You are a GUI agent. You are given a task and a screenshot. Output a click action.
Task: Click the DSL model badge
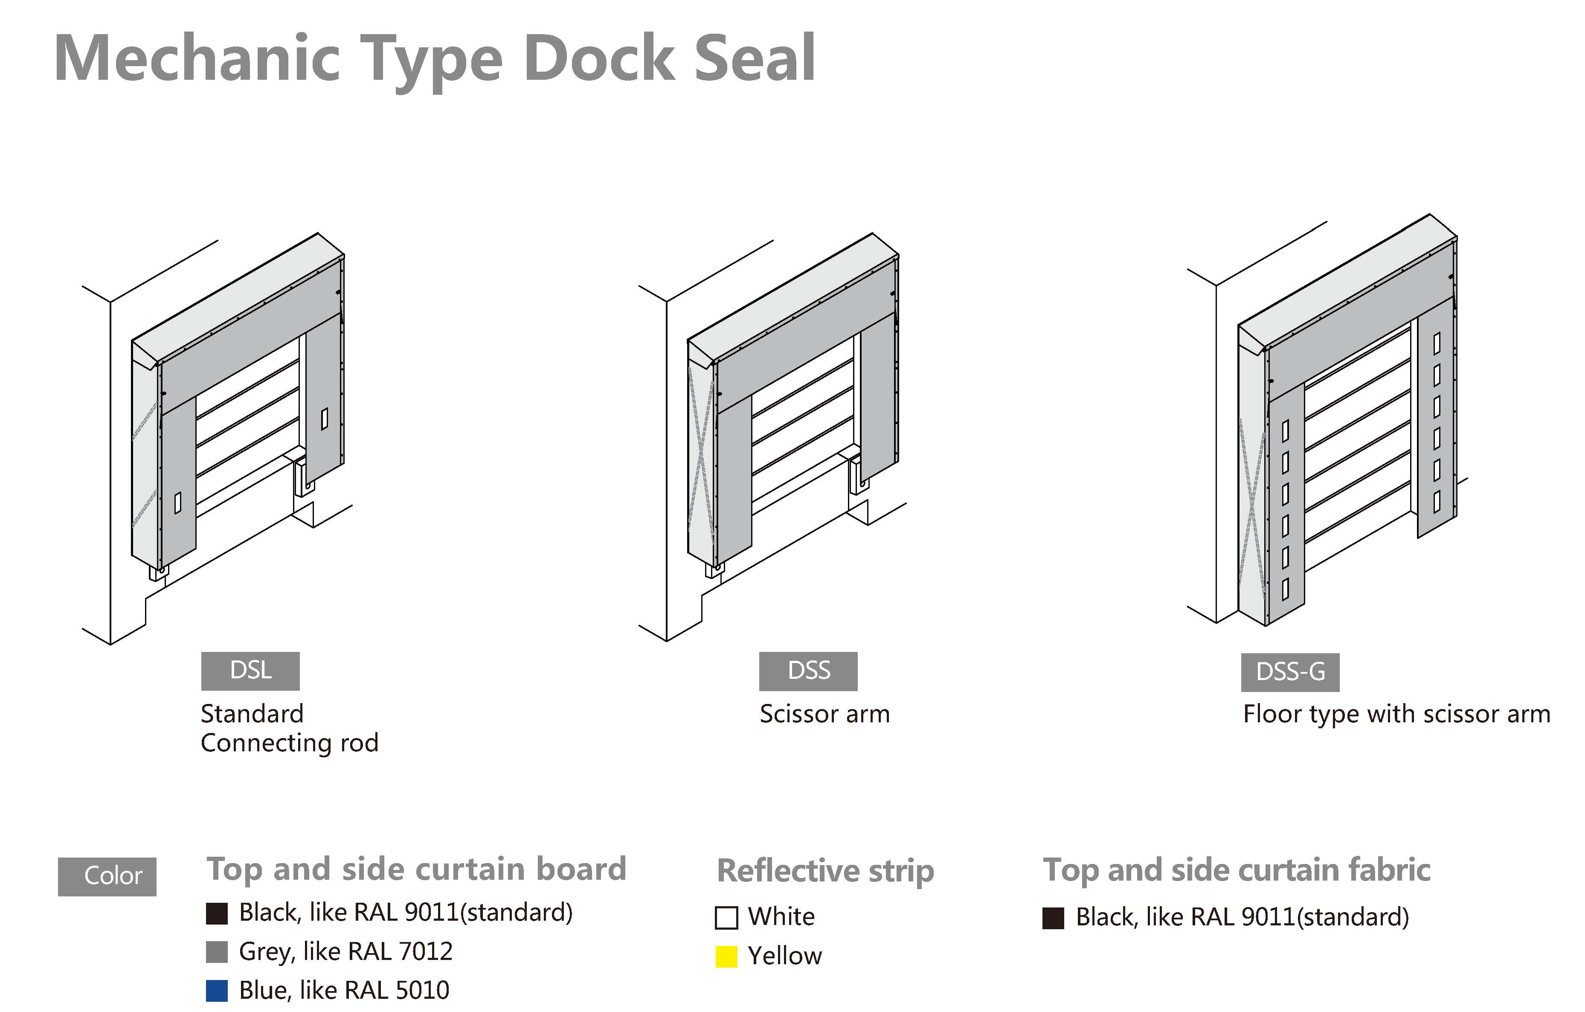pos(250,671)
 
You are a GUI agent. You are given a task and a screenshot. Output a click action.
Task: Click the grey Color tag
pos(107,876)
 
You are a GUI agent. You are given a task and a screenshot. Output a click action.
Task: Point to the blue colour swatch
pos(217,990)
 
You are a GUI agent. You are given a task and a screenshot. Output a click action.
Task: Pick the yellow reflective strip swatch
pos(726,956)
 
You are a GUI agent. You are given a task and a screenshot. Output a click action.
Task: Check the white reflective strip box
pos(726,917)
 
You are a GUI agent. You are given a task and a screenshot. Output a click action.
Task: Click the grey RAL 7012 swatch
pos(217,951)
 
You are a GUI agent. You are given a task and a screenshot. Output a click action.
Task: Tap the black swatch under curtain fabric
pos(1053,918)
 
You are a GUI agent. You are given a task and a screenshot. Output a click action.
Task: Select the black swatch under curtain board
pos(217,913)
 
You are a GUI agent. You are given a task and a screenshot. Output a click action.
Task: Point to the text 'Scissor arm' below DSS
pos(824,714)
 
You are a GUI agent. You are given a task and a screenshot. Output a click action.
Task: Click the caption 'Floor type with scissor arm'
pos(1396,714)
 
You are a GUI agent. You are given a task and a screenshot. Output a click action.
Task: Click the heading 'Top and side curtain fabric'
pos(1236,870)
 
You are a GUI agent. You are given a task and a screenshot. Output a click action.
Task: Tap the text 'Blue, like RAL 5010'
pos(344,990)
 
